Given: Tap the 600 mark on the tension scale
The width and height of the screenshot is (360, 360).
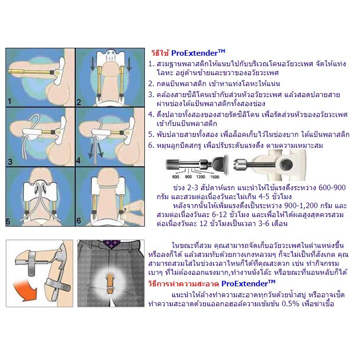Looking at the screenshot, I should [176, 176].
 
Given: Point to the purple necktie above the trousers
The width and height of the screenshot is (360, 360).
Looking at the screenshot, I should [111, 244].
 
